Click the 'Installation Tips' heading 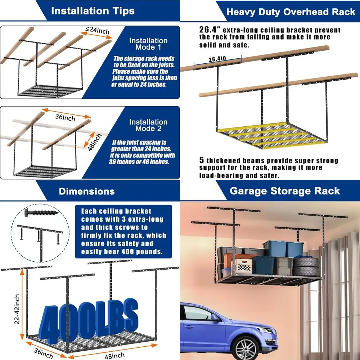[93, 10]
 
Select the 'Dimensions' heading [87, 191]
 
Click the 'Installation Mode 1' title [148, 44]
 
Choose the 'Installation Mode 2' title [148, 125]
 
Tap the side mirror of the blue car [215, 317]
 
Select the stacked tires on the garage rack [306, 267]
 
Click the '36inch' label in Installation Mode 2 [66, 117]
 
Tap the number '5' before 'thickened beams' [202, 161]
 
